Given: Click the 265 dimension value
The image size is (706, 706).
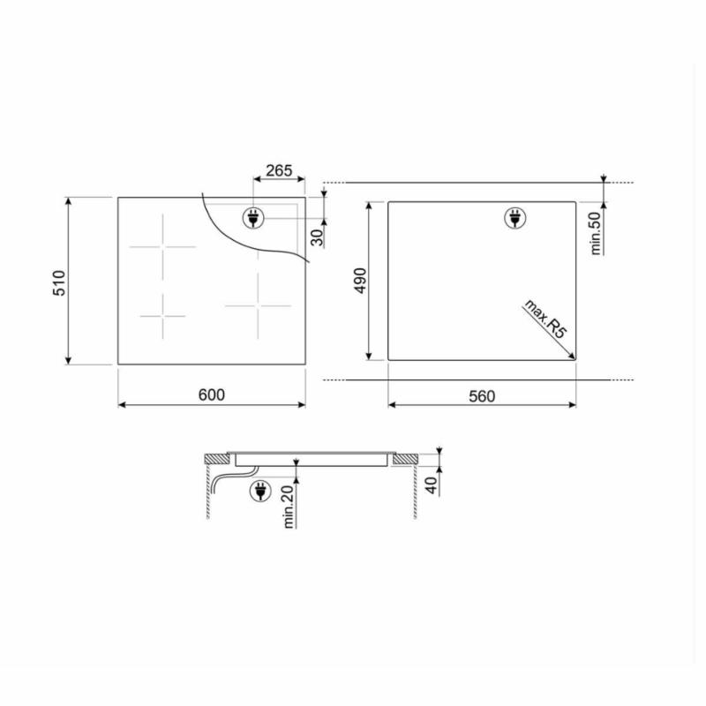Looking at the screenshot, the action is coord(279,170).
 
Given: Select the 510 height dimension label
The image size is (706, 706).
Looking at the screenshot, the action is coord(59,282).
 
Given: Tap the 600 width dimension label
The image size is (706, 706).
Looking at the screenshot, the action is coord(211,394).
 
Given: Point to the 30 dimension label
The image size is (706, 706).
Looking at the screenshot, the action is coord(318,237).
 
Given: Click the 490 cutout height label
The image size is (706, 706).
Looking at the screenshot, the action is coord(361,281).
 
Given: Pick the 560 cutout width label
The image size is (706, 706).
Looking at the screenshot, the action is coord(482,396).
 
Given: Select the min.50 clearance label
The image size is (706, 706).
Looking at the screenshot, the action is coord(595,233).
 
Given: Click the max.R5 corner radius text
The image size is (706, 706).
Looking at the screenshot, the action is coord(545,319).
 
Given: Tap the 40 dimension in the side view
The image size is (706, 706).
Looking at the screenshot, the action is coord(432,484).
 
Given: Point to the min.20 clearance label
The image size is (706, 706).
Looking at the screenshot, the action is coord(289,507).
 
